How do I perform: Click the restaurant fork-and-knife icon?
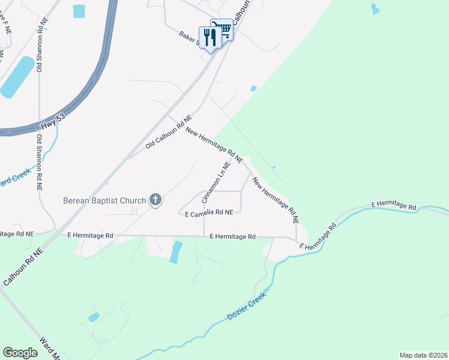[x=209, y=38]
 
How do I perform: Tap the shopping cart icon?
[x=223, y=29]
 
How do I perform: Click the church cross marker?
[x=155, y=200]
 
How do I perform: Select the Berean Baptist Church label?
[x=105, y=200]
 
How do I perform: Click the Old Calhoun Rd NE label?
[x=168, y=133]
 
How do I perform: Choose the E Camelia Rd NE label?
[x=208, y=213]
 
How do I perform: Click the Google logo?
[x=20, y=353]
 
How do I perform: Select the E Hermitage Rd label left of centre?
[x=90, y=236]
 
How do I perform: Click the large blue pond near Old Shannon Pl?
[x=17, y=77]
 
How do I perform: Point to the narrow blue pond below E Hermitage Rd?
[x=175, y=252]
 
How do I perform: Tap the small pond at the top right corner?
[x=375, y=9]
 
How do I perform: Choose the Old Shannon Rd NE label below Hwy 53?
[x=39, y=163]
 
